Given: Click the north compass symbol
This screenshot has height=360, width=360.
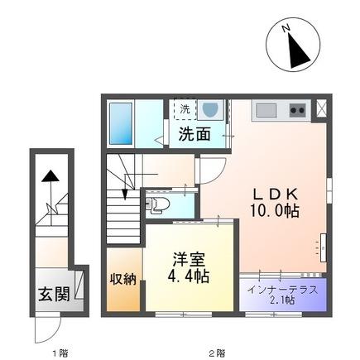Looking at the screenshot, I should pyautogui.click(x=295, y=48).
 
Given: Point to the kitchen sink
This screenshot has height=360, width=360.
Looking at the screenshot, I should pyautogui.click(x=266, y=109).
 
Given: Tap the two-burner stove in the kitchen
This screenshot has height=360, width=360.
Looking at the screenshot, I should pyautogui.click(x=296, y=110).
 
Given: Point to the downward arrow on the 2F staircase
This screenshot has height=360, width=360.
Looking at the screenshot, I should pyautogui.click(x=124, y=193).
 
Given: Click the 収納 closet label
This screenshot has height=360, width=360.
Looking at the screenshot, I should pyautogui.click(x=123, y=279).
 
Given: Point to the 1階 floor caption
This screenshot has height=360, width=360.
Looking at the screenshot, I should pyautogui.click(x=59, y=353).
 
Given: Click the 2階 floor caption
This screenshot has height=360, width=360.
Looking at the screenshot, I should pyautogui.click(x=216, y=353).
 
